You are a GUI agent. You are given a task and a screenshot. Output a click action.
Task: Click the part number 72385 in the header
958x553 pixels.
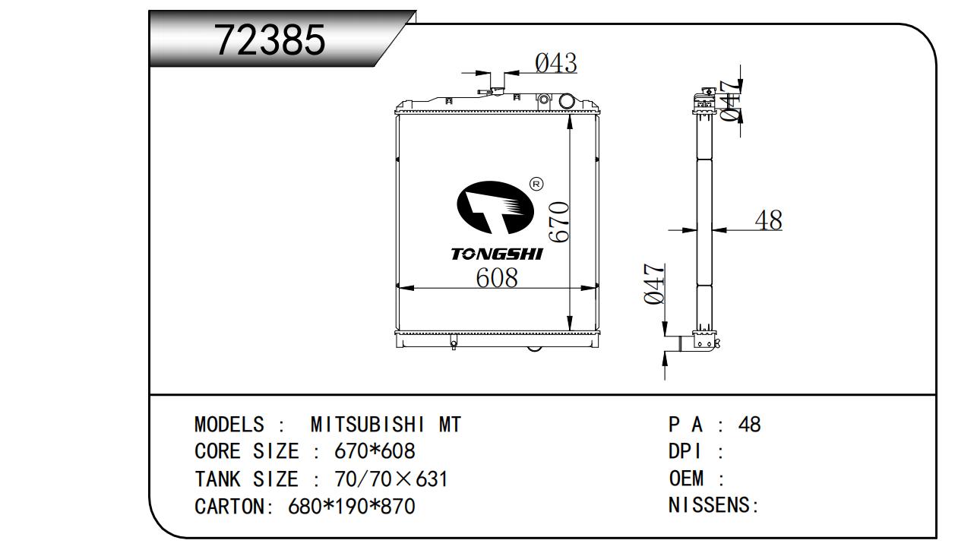tap(270, 40)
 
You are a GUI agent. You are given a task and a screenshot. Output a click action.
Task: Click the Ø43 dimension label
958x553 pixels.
tap(555, 63)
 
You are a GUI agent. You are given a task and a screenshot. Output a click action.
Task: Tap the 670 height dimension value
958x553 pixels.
tap(559, 223)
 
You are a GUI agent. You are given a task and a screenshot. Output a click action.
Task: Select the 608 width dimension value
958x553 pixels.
tap(497, 277)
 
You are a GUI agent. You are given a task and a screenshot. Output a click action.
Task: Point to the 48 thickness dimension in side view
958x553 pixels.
tap(768, 220)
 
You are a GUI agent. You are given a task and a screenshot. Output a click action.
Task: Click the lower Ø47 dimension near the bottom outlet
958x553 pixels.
tap(654, 283)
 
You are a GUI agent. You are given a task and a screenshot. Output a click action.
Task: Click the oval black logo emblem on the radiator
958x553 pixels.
tap(495, 207)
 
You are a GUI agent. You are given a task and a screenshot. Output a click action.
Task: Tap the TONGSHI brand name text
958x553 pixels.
tap(497, 254)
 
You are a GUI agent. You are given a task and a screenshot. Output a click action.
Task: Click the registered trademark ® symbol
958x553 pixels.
tap(536, 184)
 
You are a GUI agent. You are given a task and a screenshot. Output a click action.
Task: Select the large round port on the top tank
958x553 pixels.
tap(567, 101)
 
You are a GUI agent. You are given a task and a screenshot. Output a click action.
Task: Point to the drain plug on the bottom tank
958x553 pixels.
tap(454, 342)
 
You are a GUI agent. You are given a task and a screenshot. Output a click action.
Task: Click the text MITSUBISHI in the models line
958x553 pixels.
tap(368, 425)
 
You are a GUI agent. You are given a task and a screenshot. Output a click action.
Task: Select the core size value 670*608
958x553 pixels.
tap(375, 451)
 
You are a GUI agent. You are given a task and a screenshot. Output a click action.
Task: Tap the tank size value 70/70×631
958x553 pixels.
tap(391, 479)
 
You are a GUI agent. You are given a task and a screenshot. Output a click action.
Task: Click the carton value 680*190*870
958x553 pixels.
tap(352, 507)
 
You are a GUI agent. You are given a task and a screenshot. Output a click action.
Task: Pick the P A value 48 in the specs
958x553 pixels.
tap(749, 425)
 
